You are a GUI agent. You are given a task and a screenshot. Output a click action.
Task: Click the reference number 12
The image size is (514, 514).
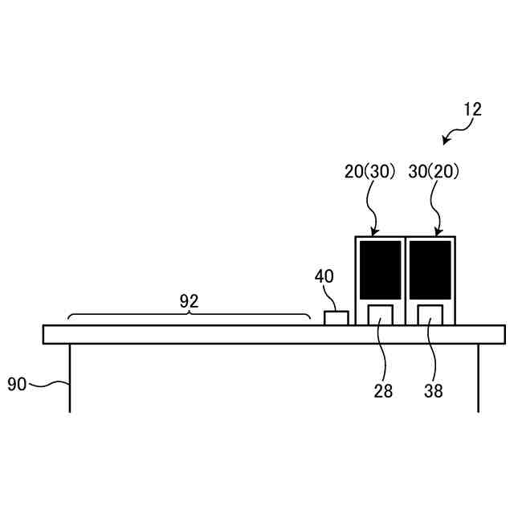[473, 109]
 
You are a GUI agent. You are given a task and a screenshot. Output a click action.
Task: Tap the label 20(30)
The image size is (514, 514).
[369, 171]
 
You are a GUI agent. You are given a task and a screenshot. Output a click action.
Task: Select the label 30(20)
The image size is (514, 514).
[434, 171]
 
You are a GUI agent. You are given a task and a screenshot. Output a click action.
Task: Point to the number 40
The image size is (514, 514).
[324, 276]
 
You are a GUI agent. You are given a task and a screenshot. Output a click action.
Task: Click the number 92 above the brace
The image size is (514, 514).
[190, 301]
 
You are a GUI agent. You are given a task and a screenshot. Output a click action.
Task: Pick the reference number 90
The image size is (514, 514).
[17, 384]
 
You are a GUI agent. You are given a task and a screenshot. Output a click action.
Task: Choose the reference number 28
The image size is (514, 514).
[383, 391]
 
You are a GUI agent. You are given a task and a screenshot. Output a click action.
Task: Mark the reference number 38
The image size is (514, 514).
[434, 391]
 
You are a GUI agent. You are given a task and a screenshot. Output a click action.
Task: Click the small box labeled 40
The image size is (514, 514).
[337, 318]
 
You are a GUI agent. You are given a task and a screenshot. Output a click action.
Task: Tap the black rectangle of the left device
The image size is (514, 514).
[380, 270]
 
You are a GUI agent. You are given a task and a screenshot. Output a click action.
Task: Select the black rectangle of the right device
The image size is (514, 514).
[430, 270]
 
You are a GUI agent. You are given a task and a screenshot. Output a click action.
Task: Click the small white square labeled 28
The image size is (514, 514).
[381, 315]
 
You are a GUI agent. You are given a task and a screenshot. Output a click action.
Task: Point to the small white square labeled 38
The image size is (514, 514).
[430, 315]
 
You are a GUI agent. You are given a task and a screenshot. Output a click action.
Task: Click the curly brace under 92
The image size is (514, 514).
[189, 314]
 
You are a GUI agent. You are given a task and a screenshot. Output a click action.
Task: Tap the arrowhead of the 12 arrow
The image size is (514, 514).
[446, 141]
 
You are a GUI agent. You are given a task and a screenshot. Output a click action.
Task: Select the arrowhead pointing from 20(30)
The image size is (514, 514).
[374, 233]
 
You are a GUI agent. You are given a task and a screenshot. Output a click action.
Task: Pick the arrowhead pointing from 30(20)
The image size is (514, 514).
[439, 233]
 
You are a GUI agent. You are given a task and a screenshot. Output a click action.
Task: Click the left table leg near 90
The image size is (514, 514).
[70, 378]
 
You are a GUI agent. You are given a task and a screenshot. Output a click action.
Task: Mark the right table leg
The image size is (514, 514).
[479, 378]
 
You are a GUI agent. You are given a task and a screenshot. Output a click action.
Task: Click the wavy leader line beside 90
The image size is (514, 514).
[49, 384]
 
